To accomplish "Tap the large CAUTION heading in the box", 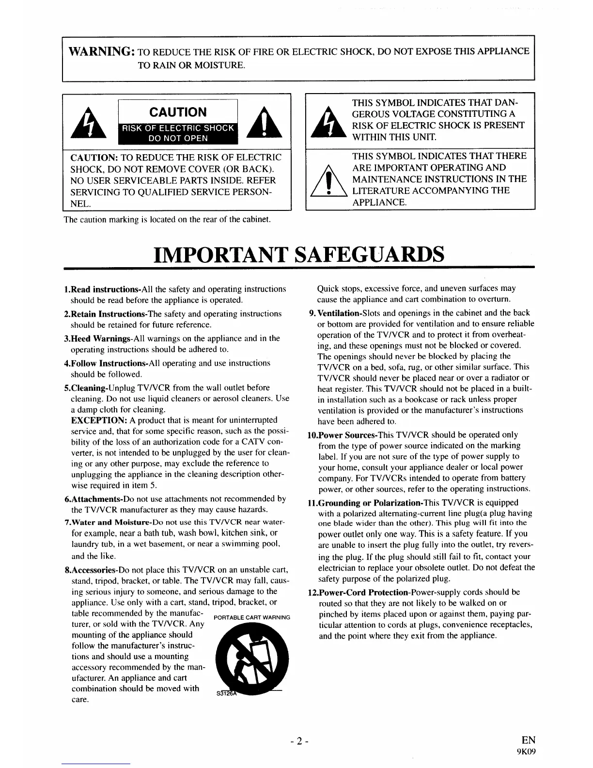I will [178, 112].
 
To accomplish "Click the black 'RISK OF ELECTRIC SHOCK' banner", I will [178, 128].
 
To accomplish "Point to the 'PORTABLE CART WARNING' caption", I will [251, 618].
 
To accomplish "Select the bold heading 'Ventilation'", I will [336, 313].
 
